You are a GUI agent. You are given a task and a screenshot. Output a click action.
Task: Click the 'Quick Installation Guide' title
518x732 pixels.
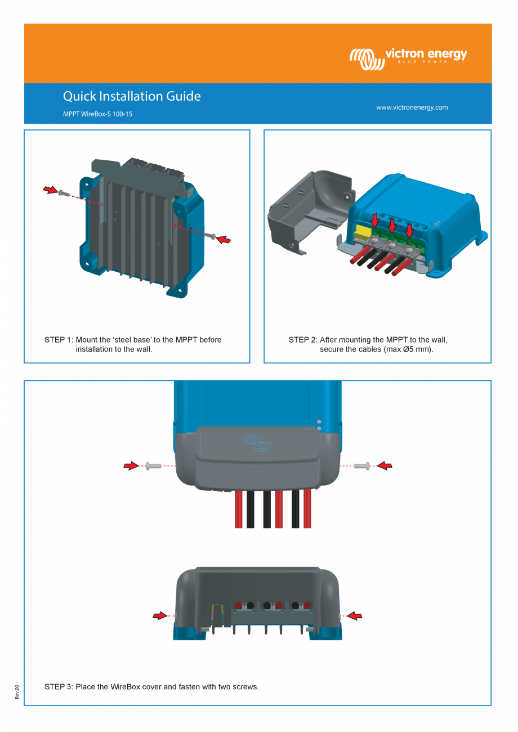(132, 96)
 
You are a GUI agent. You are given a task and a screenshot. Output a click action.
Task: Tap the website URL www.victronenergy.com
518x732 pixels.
(412, 107)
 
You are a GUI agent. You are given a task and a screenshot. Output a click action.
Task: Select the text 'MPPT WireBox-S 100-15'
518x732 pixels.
(97, 114)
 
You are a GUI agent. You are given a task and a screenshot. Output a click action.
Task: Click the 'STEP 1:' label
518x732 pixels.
(59, 340)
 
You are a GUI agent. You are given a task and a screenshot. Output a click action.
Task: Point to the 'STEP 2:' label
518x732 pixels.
(302, 340)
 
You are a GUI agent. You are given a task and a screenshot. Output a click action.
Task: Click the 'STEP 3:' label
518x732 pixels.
(59, 687)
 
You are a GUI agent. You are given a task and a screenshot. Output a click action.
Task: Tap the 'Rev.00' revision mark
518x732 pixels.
(17, 692)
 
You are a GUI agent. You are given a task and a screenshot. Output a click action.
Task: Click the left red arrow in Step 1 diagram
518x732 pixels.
(50, 190)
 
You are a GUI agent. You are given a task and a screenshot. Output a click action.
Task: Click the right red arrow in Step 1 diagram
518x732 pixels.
(224, 240)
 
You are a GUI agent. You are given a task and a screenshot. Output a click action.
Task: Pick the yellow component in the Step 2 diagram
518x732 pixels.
(363, 233)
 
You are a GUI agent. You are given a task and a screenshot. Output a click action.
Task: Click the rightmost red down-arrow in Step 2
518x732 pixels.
(409, 230)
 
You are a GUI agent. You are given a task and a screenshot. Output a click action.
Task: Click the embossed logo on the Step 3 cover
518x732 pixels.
(258, 443)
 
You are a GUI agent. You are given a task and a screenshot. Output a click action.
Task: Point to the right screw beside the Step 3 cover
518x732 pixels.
(363, 465)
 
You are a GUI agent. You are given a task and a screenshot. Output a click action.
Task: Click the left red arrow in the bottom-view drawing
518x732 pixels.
(160, 616)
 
